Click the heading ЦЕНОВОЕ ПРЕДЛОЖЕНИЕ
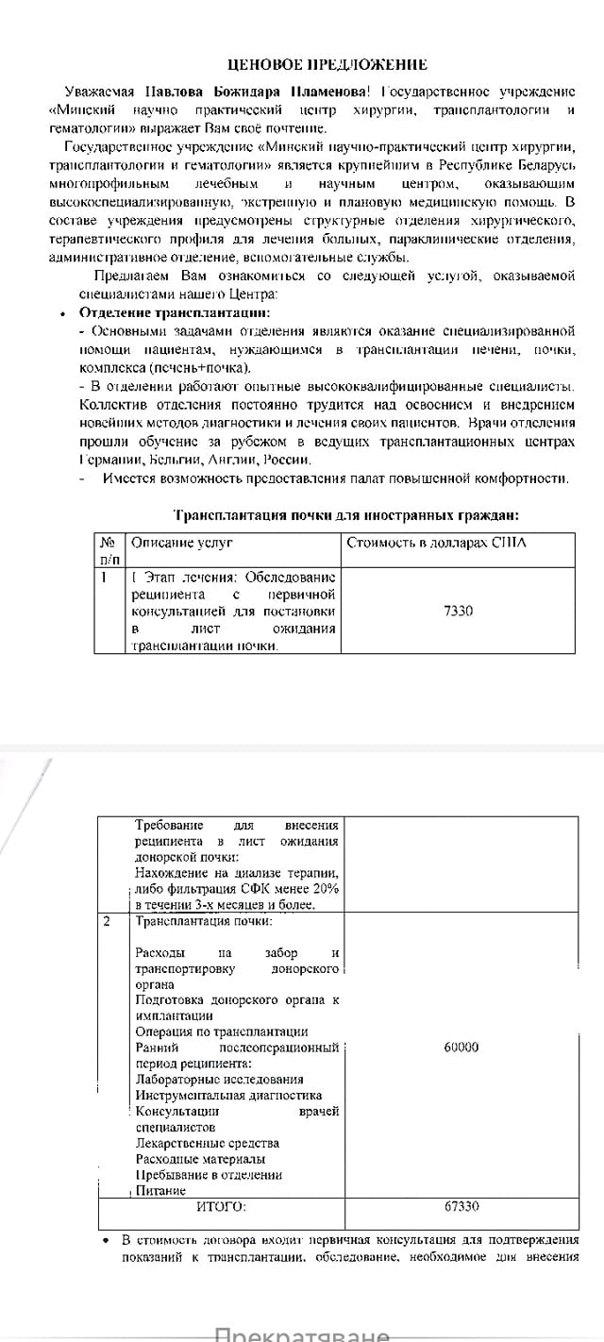[x=328, y=65]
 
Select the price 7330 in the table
[x=458, y=611]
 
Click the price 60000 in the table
[x=461, y=1047]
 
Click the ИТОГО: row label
[x=221, y=1206]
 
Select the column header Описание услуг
[x=181, y=543]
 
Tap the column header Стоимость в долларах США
[x=436, y=543]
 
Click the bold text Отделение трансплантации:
[x=175, y=312]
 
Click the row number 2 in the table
[x=107, y=920]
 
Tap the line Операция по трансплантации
[x=222, y=1032]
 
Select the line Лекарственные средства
[x=207, y=1143]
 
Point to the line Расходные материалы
[x=200, y=1159]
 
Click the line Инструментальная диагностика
[x=228, y=1095]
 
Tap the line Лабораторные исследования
[x=219, y=1079]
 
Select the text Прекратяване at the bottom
[x=302, y=1334]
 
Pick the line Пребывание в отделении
[x=209, y=1175]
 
